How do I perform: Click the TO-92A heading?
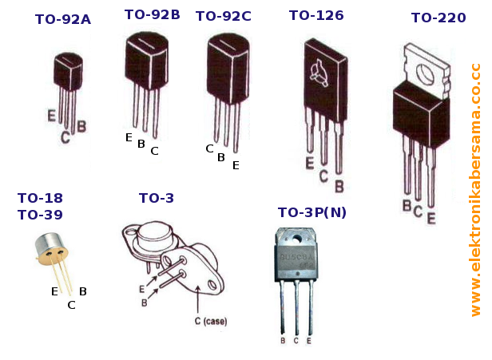(x=63, y=19)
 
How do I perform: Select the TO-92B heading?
(x=153, y=14)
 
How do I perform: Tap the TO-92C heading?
(x=224, y=16)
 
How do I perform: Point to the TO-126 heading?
(x=316, y=16)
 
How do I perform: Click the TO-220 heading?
(x=438, y=18)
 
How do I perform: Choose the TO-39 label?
(x=40, y=214)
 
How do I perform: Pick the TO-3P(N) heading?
(x=312, y=212)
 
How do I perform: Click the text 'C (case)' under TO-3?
(x=211, y=322)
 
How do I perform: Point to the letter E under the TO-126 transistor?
(x=310, y=164)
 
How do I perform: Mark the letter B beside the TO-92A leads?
(x=81, y=126)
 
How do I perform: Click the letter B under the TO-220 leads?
(x=407, y=207)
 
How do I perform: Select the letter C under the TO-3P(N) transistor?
(x=296, y=341)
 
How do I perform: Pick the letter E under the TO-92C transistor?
(x=236, y=166)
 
